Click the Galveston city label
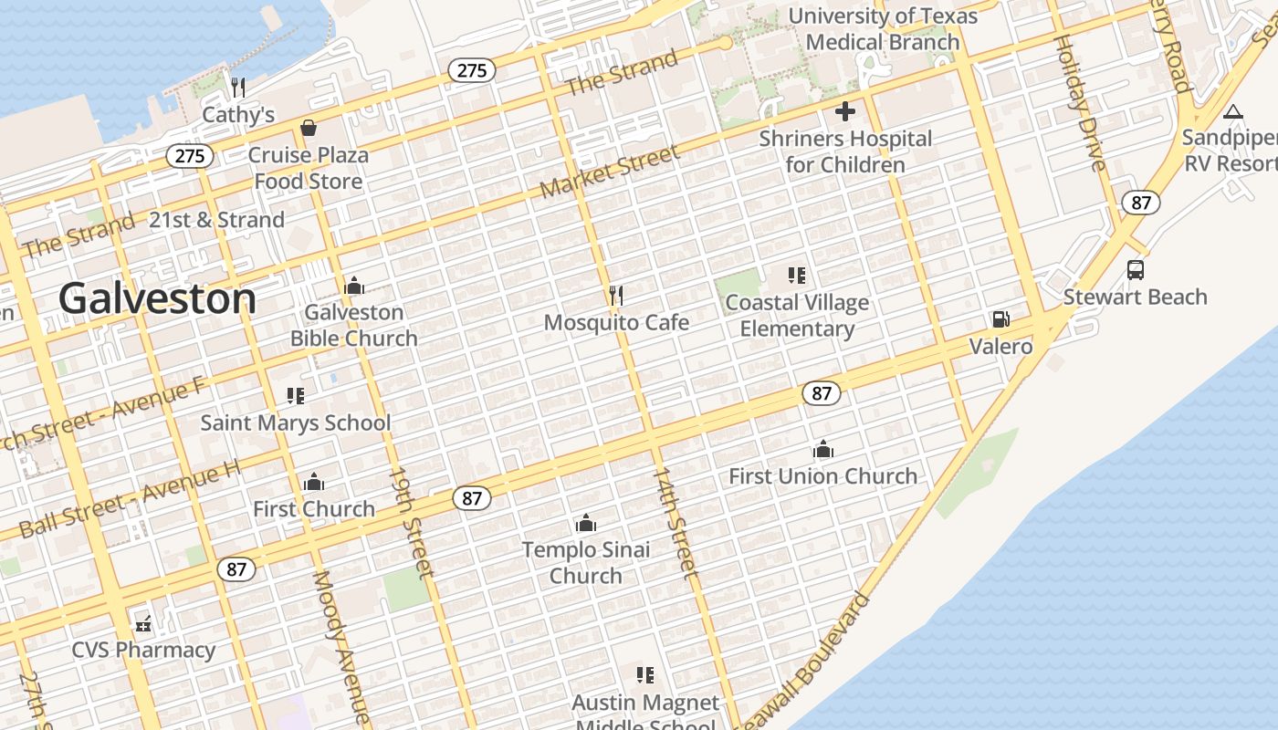(x=157, y=298)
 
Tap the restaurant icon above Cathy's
(x=238, y=87)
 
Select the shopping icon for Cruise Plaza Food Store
(x=309, y=128)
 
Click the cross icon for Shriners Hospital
(x=845, y=111)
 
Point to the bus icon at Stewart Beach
(x=1136, y=270)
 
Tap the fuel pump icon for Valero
(x=1000, y=319)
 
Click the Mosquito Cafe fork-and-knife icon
(x=616, y=295)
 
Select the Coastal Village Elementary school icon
(x=797, y=275)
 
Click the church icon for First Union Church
(x=822, y=449)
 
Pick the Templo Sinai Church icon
(x=586, y=523)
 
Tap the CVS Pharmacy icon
(x=143, y=623)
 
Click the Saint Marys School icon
(x=295, y=395)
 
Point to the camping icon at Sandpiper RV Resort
(x=1233, y=111)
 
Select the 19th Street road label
(x=410, y=522)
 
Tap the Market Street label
(x=610, y=172)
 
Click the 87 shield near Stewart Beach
(x=1141, y=203)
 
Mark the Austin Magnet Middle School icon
(x=645, y=675)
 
